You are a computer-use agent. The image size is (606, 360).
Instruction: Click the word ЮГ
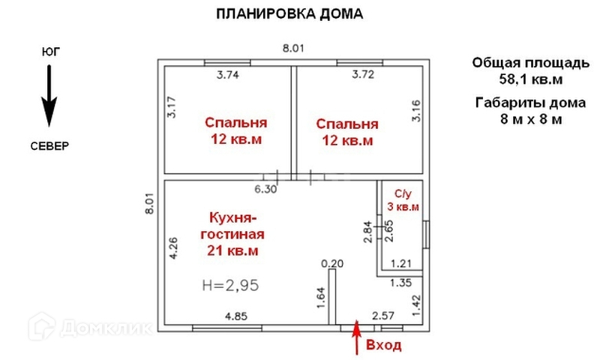pos(51,52)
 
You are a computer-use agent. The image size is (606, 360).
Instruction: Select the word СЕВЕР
pos(50,145)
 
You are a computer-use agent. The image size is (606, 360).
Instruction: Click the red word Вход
pos(383,346)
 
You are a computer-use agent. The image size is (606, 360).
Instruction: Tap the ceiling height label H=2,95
pos(232,284)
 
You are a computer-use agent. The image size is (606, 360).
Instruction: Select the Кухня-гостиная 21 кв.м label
pos(232,234)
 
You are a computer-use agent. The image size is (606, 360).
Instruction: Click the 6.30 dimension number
pos(265,189)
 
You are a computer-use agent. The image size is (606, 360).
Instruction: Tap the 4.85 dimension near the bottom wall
pos(237,316)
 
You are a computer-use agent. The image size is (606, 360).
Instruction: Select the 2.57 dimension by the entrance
pos(383,316)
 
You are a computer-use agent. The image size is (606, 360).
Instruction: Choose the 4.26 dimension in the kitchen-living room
pos(173,247)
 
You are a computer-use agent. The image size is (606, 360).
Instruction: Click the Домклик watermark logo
pos(90,327)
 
